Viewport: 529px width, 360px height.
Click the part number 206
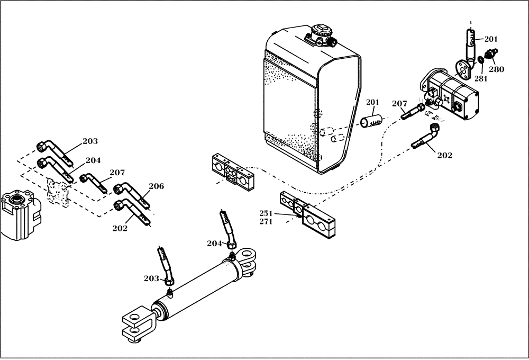(x=156, y=186)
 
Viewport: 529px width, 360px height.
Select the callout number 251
(x=266, y=213)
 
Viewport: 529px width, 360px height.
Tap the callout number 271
(x=266, y=221)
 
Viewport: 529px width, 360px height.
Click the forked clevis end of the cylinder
(x=138, y=323)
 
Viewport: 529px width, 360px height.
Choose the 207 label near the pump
(x=399, y=104)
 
